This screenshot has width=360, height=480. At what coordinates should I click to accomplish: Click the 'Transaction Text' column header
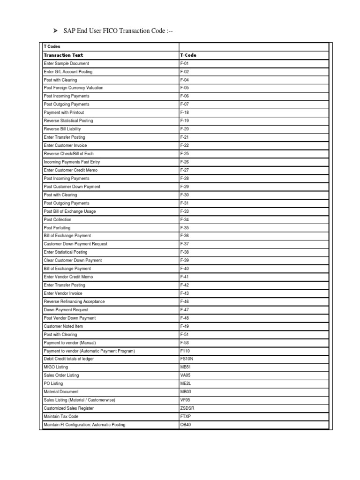click(63, 55)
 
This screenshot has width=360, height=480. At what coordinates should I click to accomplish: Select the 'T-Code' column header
click(188, 55)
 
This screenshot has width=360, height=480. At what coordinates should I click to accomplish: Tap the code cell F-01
click(184, 63)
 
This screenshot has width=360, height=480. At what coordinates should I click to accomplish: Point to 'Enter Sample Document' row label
click(66, 63)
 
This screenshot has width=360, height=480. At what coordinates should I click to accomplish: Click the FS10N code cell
click(187, 359)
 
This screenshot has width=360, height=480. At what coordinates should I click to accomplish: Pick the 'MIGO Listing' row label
click(56, 367)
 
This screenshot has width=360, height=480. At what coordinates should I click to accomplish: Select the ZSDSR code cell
click(187, 408)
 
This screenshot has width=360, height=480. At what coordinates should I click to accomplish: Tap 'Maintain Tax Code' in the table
click(61, 416)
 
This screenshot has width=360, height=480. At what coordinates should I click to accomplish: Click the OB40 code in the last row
click(186, 425)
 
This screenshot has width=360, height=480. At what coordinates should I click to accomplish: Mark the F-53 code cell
click(184, 343)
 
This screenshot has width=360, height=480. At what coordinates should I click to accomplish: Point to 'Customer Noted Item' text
click(63, 326)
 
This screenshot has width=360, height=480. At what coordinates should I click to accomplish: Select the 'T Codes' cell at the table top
click(51, 46)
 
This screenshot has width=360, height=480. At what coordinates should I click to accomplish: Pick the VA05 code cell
click(186, 375)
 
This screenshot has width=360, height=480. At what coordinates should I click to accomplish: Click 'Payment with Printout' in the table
click(64, 112)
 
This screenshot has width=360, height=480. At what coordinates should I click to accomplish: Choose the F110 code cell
click(185, 351)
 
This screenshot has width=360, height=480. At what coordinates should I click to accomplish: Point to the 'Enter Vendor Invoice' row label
click(63, 293)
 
